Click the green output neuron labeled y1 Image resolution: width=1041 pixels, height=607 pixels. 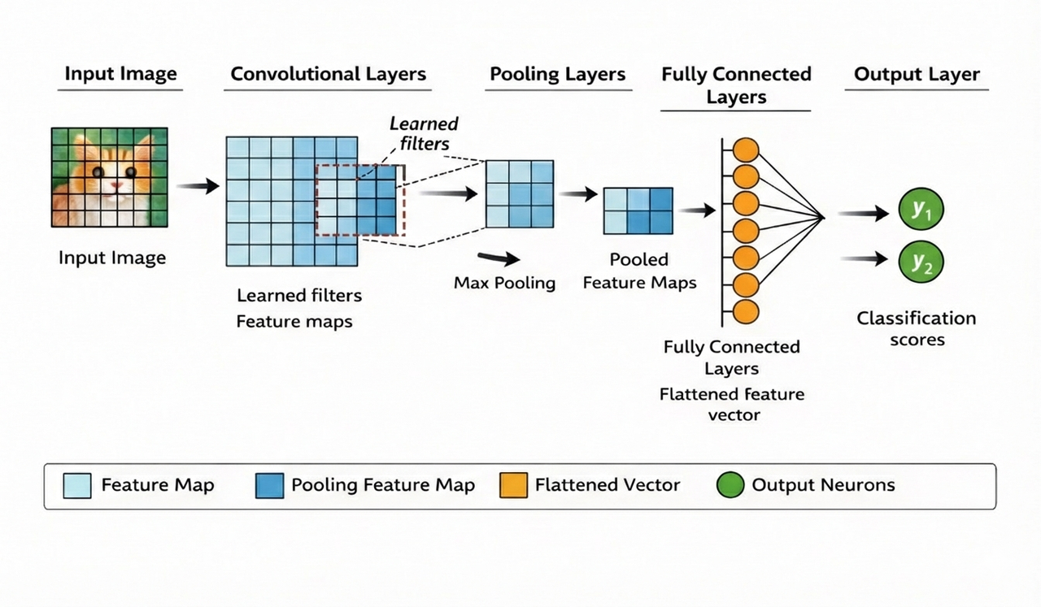coord(921,210)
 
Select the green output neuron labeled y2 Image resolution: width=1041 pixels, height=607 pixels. coord(921,262)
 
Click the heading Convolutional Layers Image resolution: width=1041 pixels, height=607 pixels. coord(328,74)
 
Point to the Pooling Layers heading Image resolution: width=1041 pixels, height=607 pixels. coord(557,74)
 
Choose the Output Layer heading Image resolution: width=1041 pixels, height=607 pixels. coord(917,74)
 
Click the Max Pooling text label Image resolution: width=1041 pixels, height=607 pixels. coord(504,283)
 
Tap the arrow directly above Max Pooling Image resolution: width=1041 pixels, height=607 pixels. coord(499,258)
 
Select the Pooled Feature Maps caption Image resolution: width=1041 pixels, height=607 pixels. coord(639,271)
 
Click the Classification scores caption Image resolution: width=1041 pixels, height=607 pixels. coord(917,328)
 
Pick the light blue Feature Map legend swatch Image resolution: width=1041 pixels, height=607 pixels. coord(77,486)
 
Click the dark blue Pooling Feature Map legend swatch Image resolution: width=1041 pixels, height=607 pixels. coord(269,486)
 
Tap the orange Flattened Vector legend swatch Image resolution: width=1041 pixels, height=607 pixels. coord(514,486)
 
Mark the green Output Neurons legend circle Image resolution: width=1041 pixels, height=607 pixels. coord(730,486)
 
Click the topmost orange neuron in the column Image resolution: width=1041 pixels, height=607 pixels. coord(746,150)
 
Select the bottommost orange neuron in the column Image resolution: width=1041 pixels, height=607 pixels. coord(746,311)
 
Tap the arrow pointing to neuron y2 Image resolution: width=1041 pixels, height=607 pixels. coord(864,259)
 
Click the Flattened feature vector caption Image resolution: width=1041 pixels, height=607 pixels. coord(732,405)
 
